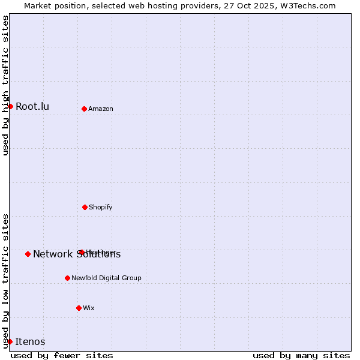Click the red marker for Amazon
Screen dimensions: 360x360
(x=84, y=109)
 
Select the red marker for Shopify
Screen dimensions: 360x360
(x=85, y=207)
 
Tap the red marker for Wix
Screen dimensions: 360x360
(x=79, y=308)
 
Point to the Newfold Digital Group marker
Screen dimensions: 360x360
(x=67, y=278)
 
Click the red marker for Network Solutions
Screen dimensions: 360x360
(x=28, y=254)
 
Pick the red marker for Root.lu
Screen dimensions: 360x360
(x=10, y=106)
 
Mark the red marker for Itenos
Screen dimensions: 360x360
(x=10, y=341)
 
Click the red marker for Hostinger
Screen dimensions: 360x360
(x=81, y=252)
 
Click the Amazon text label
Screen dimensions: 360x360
(x=101, y=109)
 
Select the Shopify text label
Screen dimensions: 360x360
(x=101, y=207)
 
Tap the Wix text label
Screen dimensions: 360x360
(x=89, y=308)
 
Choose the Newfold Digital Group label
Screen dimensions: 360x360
(x=107, y=278)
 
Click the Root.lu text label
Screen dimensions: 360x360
(x=32, y=107)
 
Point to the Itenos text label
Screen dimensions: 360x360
(x=30, y=342)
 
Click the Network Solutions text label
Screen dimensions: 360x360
(x=77, y=254)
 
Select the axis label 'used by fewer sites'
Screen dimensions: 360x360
(x=62, y=355)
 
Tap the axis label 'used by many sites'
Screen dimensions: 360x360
(x=301, y=355)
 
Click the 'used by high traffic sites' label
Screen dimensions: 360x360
(x=5, y=85)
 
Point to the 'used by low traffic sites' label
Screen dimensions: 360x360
(x=5, y=281)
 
